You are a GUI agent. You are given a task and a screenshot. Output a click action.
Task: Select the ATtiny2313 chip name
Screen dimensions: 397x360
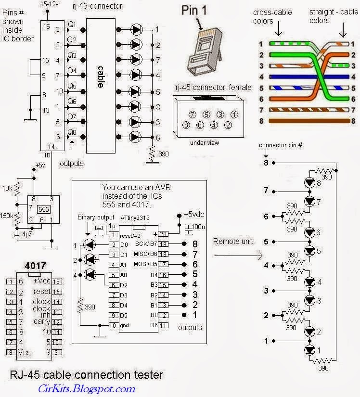(135, 218)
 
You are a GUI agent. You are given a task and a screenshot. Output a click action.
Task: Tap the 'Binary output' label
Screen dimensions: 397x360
(96, 218)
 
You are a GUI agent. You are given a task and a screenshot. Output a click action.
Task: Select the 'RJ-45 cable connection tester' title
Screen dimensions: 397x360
(87, 374)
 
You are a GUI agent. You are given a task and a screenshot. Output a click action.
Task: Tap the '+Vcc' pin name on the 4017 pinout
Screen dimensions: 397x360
(42, 282)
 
